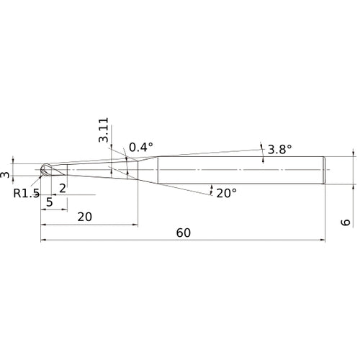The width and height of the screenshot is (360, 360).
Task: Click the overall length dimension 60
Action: (x=184, y=233)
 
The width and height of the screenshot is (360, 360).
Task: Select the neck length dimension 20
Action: (x=85, y=217)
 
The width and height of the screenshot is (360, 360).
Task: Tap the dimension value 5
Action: (x=50, y=202)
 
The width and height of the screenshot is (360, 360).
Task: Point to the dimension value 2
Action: (x=63, y=189)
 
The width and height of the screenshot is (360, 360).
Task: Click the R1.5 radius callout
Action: (x=26, y=193)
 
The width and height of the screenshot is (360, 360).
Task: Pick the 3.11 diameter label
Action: (x=104, y=130)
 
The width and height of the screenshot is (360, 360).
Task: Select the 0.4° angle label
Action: (x=141, y=147)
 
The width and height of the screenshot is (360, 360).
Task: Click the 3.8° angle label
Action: (x=279, y=150)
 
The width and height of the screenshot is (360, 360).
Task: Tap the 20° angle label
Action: (x=227, y=193)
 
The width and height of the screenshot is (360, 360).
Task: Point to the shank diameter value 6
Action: (x=346, y=222)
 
